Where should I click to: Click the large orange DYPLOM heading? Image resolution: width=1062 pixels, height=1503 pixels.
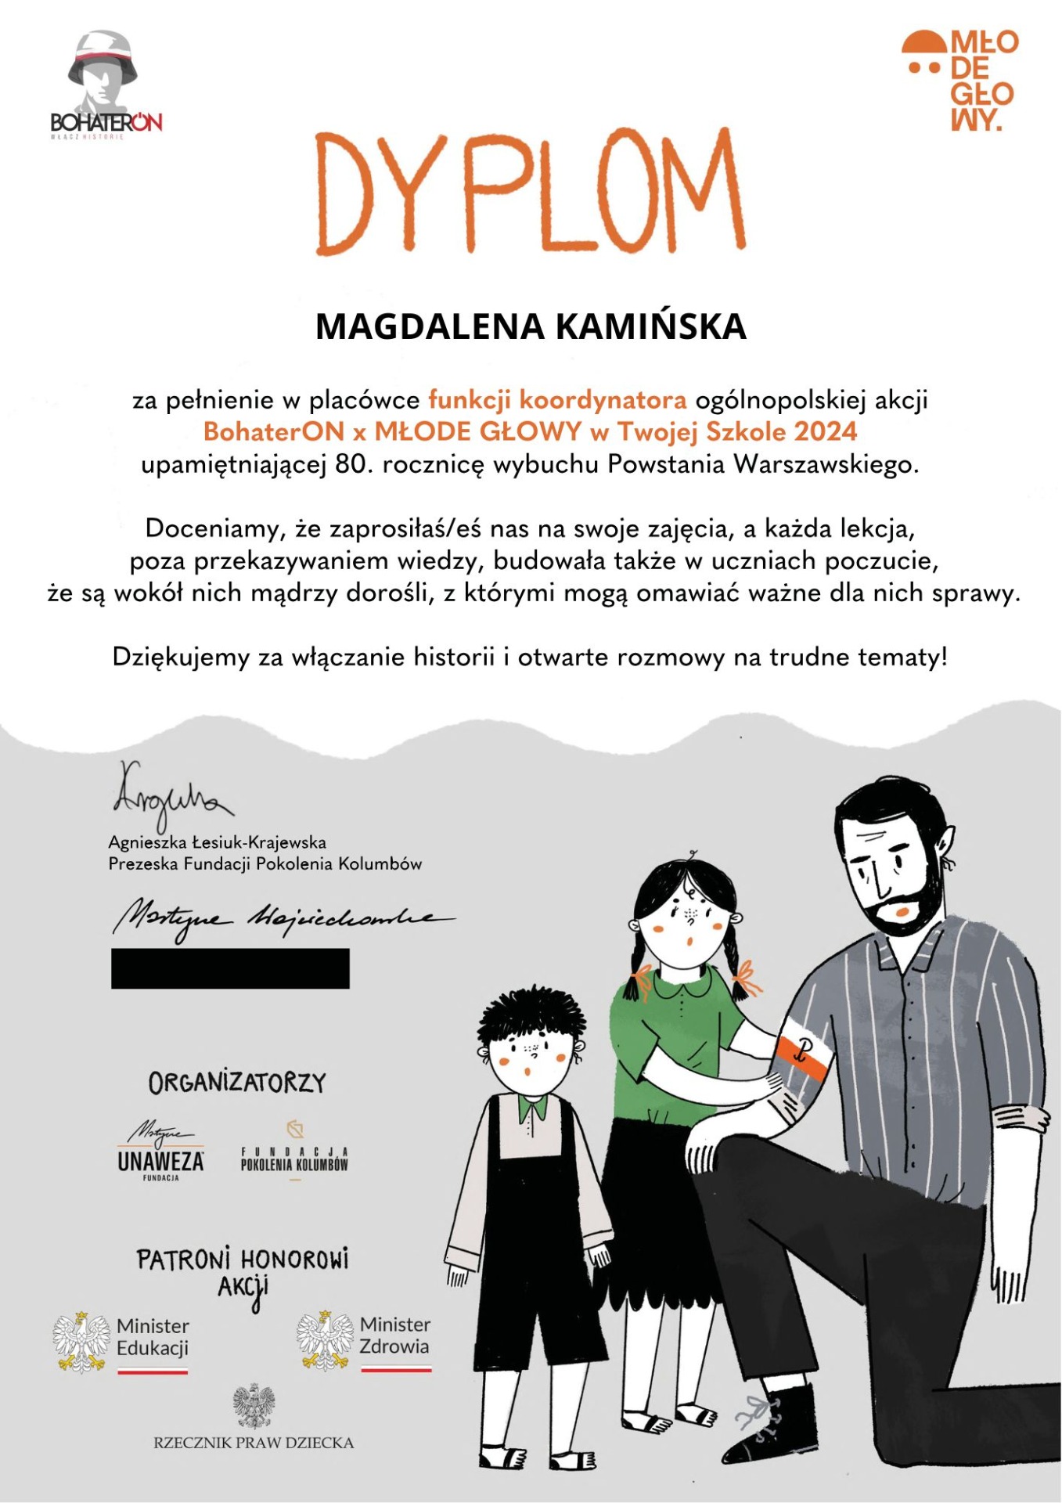531,191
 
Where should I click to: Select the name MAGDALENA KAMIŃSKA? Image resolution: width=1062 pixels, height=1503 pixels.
531,326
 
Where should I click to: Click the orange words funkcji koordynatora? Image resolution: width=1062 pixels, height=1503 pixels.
557,400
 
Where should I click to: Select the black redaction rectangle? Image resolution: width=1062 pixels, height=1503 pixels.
230,968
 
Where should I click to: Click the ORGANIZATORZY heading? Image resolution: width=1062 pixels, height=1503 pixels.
237,1083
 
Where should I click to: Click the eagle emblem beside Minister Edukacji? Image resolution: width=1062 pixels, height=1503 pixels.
81,1343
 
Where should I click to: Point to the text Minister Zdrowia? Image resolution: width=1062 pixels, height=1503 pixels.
394,1335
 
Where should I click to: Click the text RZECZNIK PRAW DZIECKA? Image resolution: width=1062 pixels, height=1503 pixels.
254,1442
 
